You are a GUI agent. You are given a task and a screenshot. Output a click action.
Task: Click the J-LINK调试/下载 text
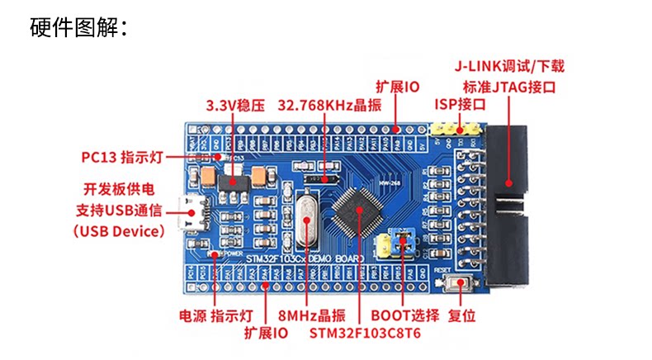point(509,66)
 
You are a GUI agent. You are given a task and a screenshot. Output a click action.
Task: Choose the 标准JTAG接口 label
point(509,86)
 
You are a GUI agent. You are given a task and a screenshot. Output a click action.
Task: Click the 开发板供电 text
point(116,189)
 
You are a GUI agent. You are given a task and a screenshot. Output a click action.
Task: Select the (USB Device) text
point(119,231)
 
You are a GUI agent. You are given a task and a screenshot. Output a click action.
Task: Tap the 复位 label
point(461,315)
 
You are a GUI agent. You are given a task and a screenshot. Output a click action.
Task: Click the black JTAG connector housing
point(507,206)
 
